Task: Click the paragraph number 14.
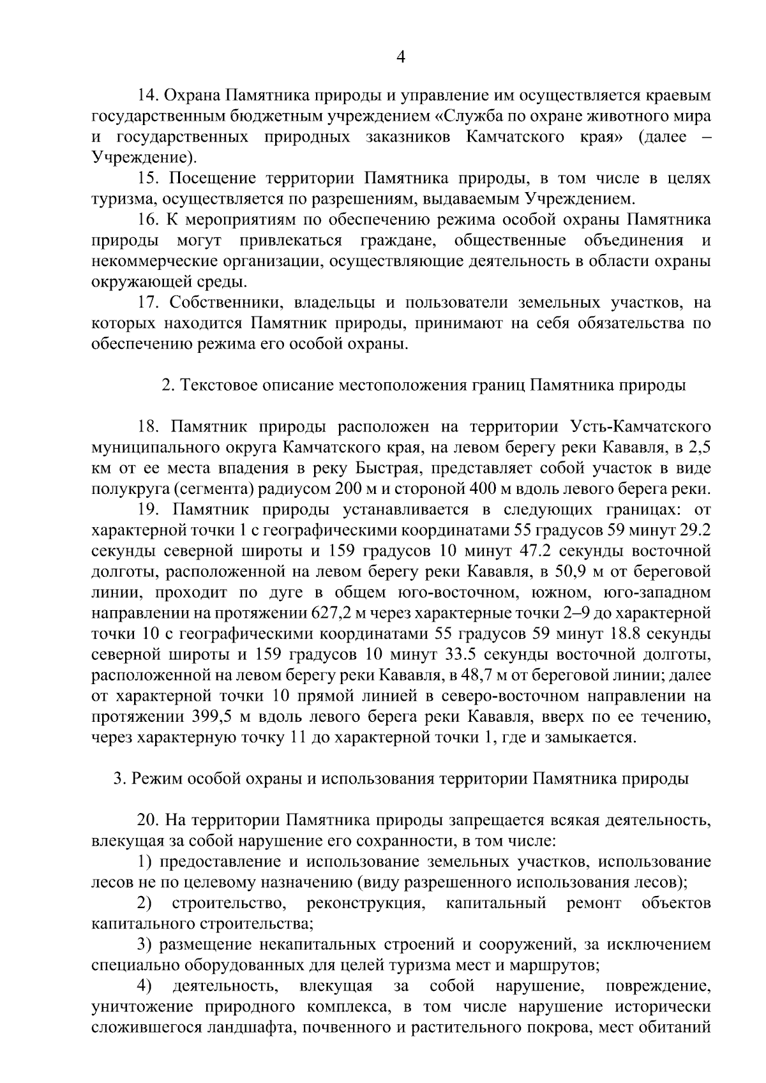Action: coord(149,96)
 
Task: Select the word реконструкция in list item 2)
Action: coord(365,904)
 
